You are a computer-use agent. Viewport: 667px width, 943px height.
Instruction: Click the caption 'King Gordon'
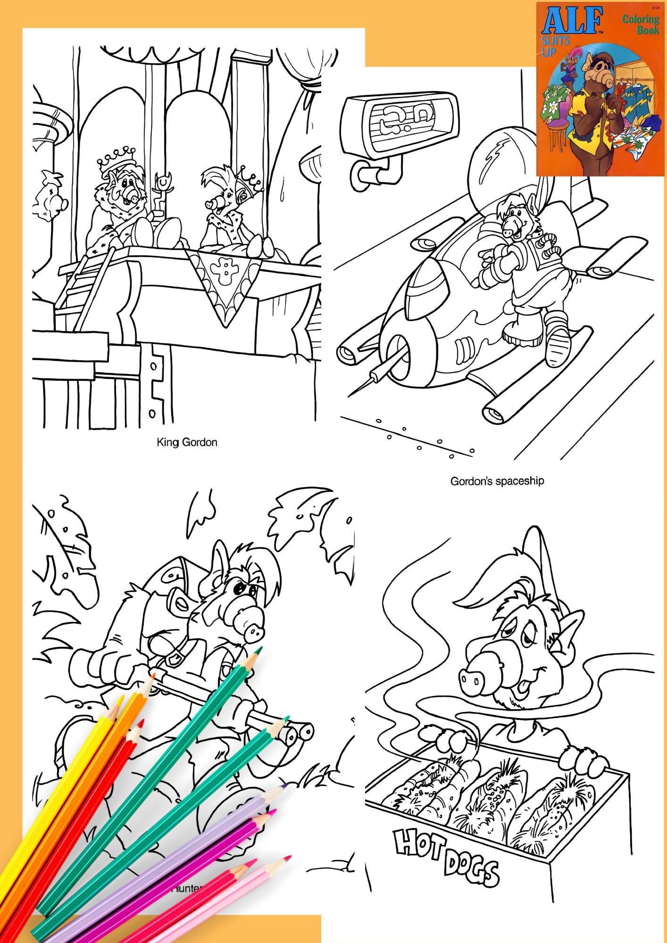(x=187, y=442)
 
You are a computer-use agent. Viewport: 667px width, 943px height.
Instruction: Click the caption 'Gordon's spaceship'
(x=497, y=481)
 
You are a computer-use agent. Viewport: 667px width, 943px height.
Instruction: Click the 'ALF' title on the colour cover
(x=572, y=21)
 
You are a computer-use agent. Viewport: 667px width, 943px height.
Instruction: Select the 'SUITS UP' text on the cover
(x=555, y=46)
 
